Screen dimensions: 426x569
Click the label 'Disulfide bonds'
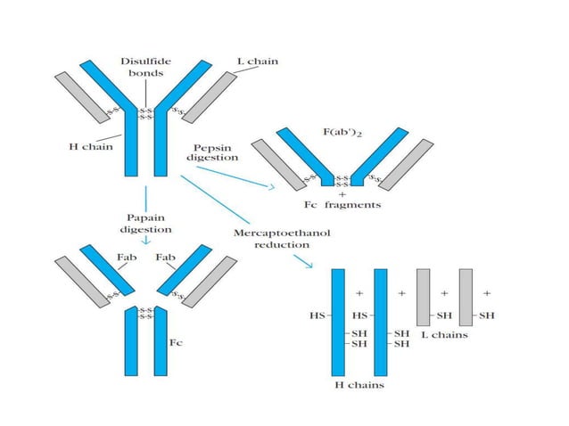[x=141, y=68]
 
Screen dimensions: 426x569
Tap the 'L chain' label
[x=257, y=61]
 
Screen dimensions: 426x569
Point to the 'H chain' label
[x=90, y=147]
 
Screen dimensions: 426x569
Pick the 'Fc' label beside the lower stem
[x=176, y=341]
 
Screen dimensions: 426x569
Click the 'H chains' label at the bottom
[x=359, y=386]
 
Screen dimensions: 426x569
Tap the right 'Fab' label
[x=166, y=258]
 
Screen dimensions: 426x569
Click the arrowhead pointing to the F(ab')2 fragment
[x=270, y=186]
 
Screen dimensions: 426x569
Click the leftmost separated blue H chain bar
[x=338, y=321]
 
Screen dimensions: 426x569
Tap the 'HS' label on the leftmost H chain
[x=316, y=315]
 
